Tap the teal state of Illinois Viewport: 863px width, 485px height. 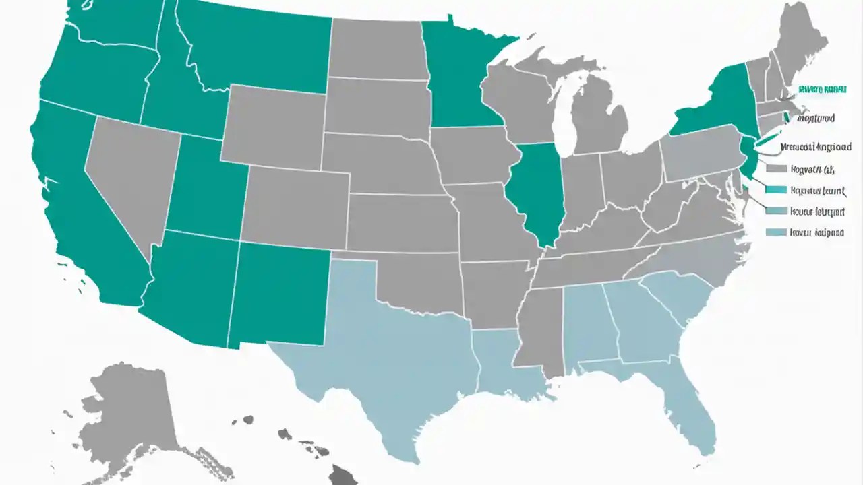click(536, 189)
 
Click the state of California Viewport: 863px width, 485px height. click(74, 202)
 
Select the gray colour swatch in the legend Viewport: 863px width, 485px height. click(777, 168)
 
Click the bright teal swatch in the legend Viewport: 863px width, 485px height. click(777, 189)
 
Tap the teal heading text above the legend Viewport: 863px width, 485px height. click(822, 88)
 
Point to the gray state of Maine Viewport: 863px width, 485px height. click(802, 40)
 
